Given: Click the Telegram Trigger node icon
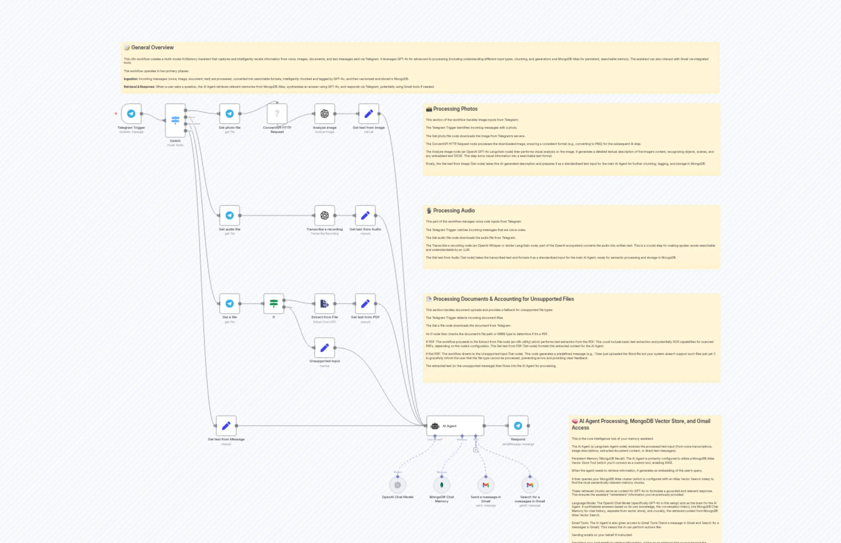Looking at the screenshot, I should pyautogui.click(x=131, y=113).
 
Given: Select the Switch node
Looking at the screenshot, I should pyautogui.click(x=175, y=120).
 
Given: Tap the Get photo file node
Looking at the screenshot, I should pyautogui.click(x=230, y=113).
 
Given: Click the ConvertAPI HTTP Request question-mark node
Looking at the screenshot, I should pyautogui.click(x=277, y=113).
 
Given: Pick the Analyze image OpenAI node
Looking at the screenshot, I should pyautogui.click(x=324, y=113).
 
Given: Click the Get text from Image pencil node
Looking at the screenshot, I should pyautogui.click(x=369, y=113).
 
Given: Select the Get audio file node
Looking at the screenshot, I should pyautogui.click(x=230, y=215).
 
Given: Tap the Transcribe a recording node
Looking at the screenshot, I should pyautogui.click(x=324, y=215).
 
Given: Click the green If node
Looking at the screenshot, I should pyautogui.click(x=274, y=303).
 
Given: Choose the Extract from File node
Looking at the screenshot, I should pyautogui.click(x=324, y=303).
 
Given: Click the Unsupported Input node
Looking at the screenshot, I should pyautogui.click(x=324, y=348).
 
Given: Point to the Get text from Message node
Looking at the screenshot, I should pyautogui.click(x=226, y=426).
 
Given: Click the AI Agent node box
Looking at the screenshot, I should pyautogui.click(x=455, y=426).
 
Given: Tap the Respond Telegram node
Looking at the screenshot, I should pyautogui.click(x=518, y=426).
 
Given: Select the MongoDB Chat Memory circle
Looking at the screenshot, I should pyautogui.click(x=442, y=485).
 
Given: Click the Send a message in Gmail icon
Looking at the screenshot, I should pyautogui.click(x=486, y=485).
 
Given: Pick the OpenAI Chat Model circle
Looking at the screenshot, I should pyautogui.click(x=398, y=485).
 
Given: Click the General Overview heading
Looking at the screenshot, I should pyautogui.click(x=152, y=47).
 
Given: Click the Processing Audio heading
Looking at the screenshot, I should pyautogui.click(x=454, y=211).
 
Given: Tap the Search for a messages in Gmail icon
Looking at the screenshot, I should pyautogui.click(x=530, y=485).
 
